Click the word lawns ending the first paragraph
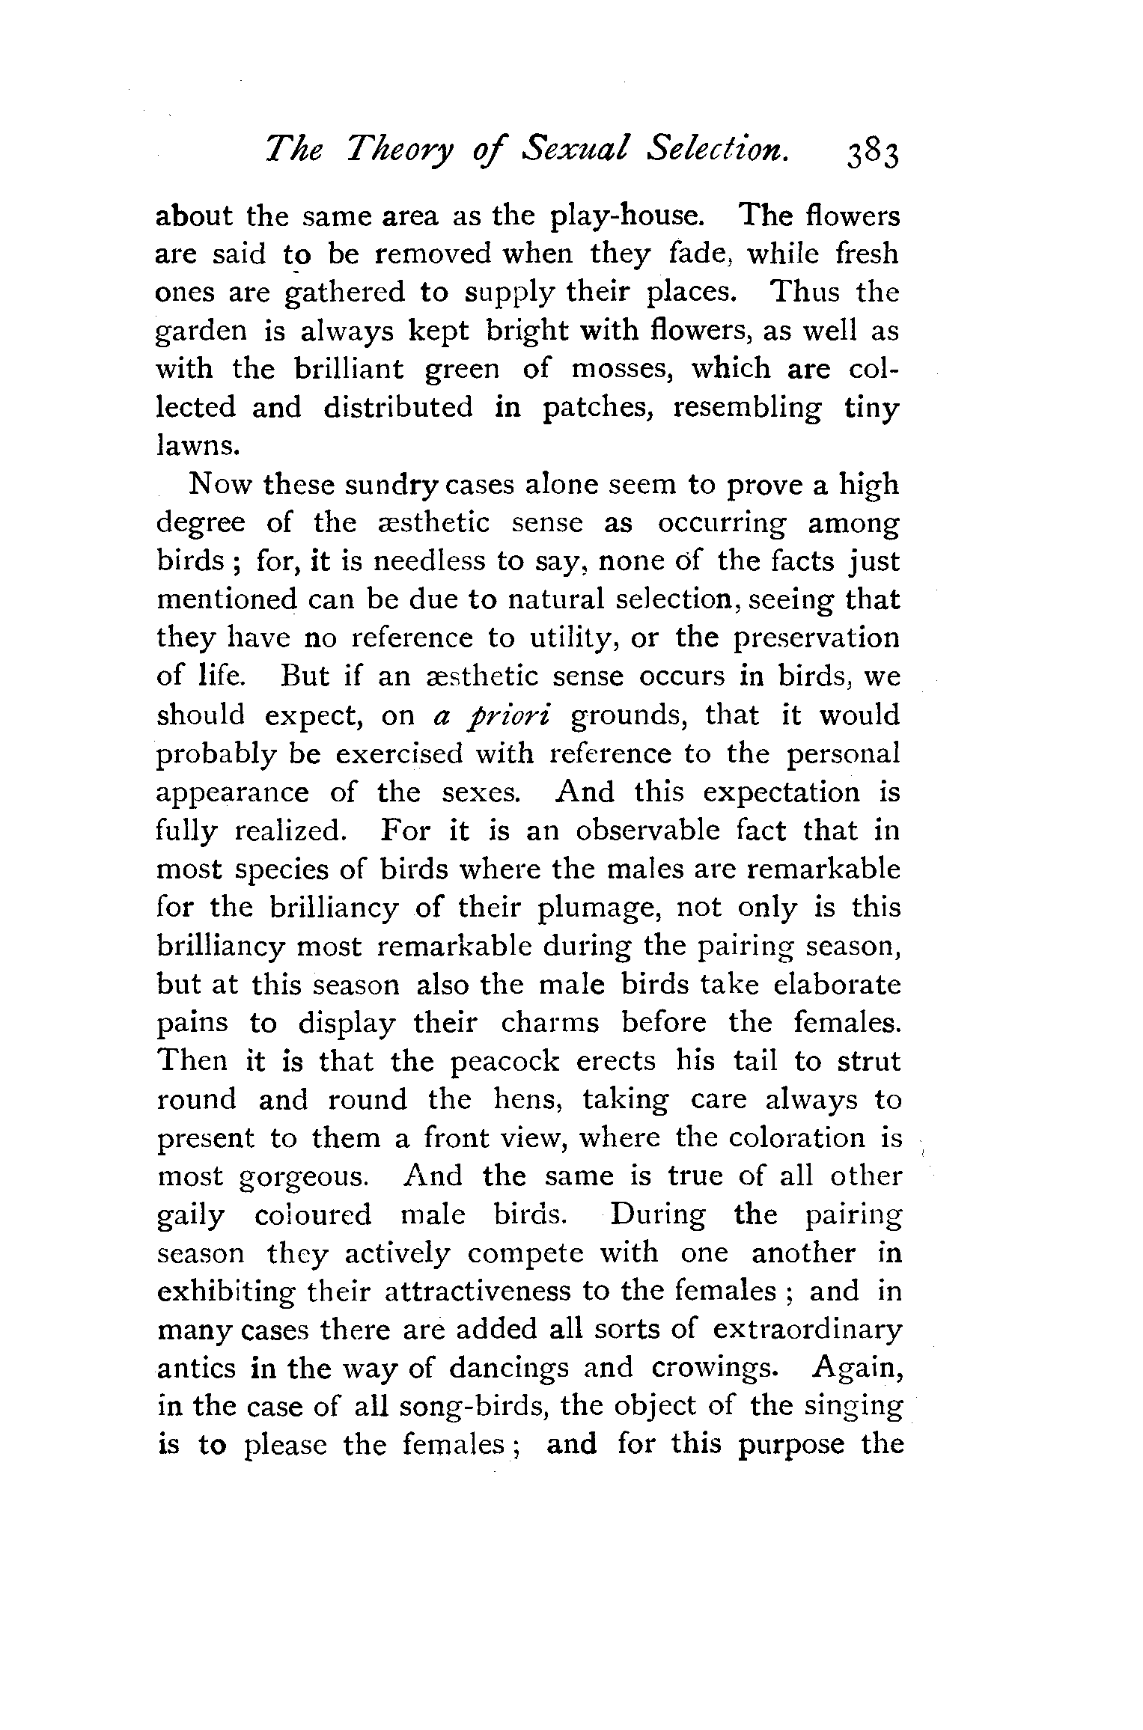198,447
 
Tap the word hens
528,1100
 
